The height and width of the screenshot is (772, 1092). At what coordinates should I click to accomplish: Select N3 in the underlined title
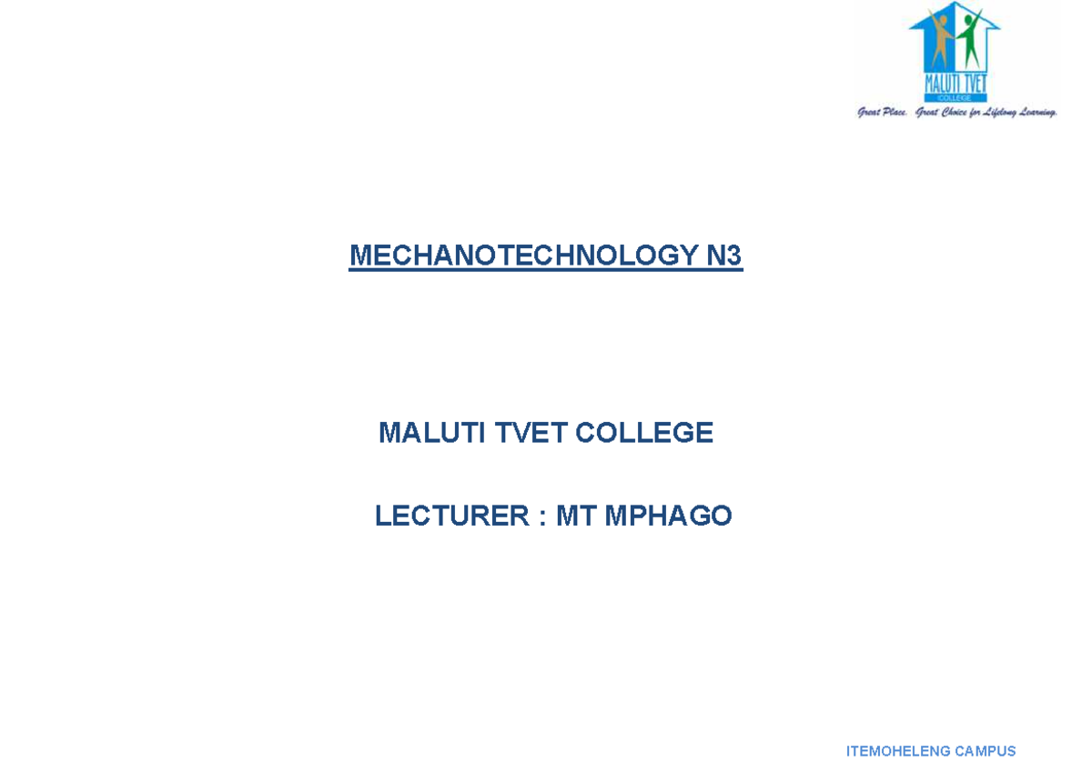724,256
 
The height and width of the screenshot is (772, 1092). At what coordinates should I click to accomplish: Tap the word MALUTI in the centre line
431,433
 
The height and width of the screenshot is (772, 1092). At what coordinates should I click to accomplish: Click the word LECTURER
452,516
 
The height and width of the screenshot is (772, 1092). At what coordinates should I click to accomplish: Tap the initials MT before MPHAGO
576,516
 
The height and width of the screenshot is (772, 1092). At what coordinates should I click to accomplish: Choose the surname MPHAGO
669,516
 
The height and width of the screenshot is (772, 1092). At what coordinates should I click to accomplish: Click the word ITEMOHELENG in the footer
892,751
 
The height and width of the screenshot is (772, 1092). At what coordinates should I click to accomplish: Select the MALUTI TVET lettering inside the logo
955,83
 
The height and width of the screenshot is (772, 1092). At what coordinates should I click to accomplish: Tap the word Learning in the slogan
1034,113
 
